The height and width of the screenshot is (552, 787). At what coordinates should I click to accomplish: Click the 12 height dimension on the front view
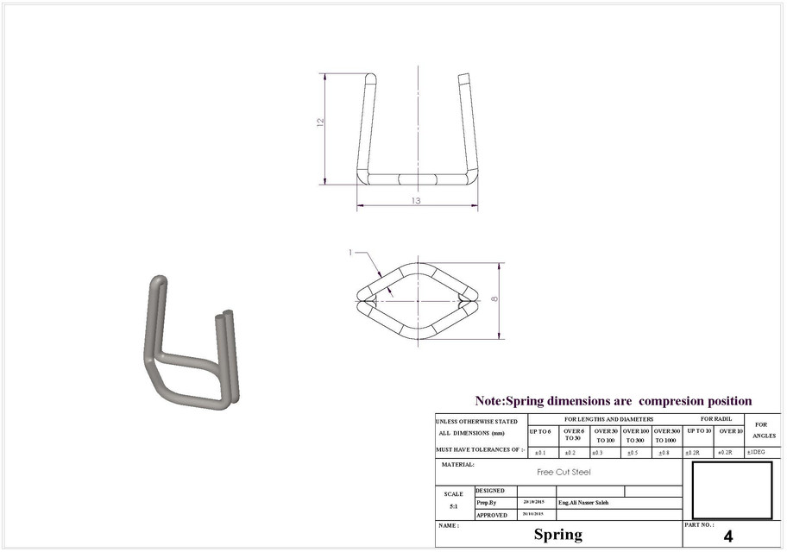tap(320, 122)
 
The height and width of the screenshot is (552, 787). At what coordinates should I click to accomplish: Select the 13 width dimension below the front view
tap(416, 201)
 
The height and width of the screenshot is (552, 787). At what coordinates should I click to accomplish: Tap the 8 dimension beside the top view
tap(494, 298)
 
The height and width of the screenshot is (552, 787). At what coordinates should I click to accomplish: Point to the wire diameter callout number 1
tap(350, 253)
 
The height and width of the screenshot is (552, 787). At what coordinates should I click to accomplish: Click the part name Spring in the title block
tap(557, 535)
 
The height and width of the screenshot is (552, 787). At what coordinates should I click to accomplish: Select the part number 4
tap(727, 536)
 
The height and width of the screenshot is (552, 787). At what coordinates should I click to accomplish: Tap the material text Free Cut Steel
tap(563, 472)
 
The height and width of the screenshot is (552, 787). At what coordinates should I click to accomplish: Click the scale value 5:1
tap(453, 506)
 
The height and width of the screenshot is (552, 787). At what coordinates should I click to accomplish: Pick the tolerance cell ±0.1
tap(540, 452)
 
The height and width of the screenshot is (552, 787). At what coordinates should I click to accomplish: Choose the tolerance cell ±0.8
tap(664, 452)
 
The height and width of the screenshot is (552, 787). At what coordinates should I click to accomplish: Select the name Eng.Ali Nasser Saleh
tap(583, 502)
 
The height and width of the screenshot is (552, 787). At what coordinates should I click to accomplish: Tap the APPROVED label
tap(492, 515)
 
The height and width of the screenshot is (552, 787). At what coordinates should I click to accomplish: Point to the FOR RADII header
tap(715, 418)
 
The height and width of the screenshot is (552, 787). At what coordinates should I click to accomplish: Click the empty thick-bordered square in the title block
tap(733, 489)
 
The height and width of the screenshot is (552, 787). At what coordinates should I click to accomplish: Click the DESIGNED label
tap(490, 490)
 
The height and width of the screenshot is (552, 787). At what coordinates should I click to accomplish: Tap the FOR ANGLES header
tap(760, 430)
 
